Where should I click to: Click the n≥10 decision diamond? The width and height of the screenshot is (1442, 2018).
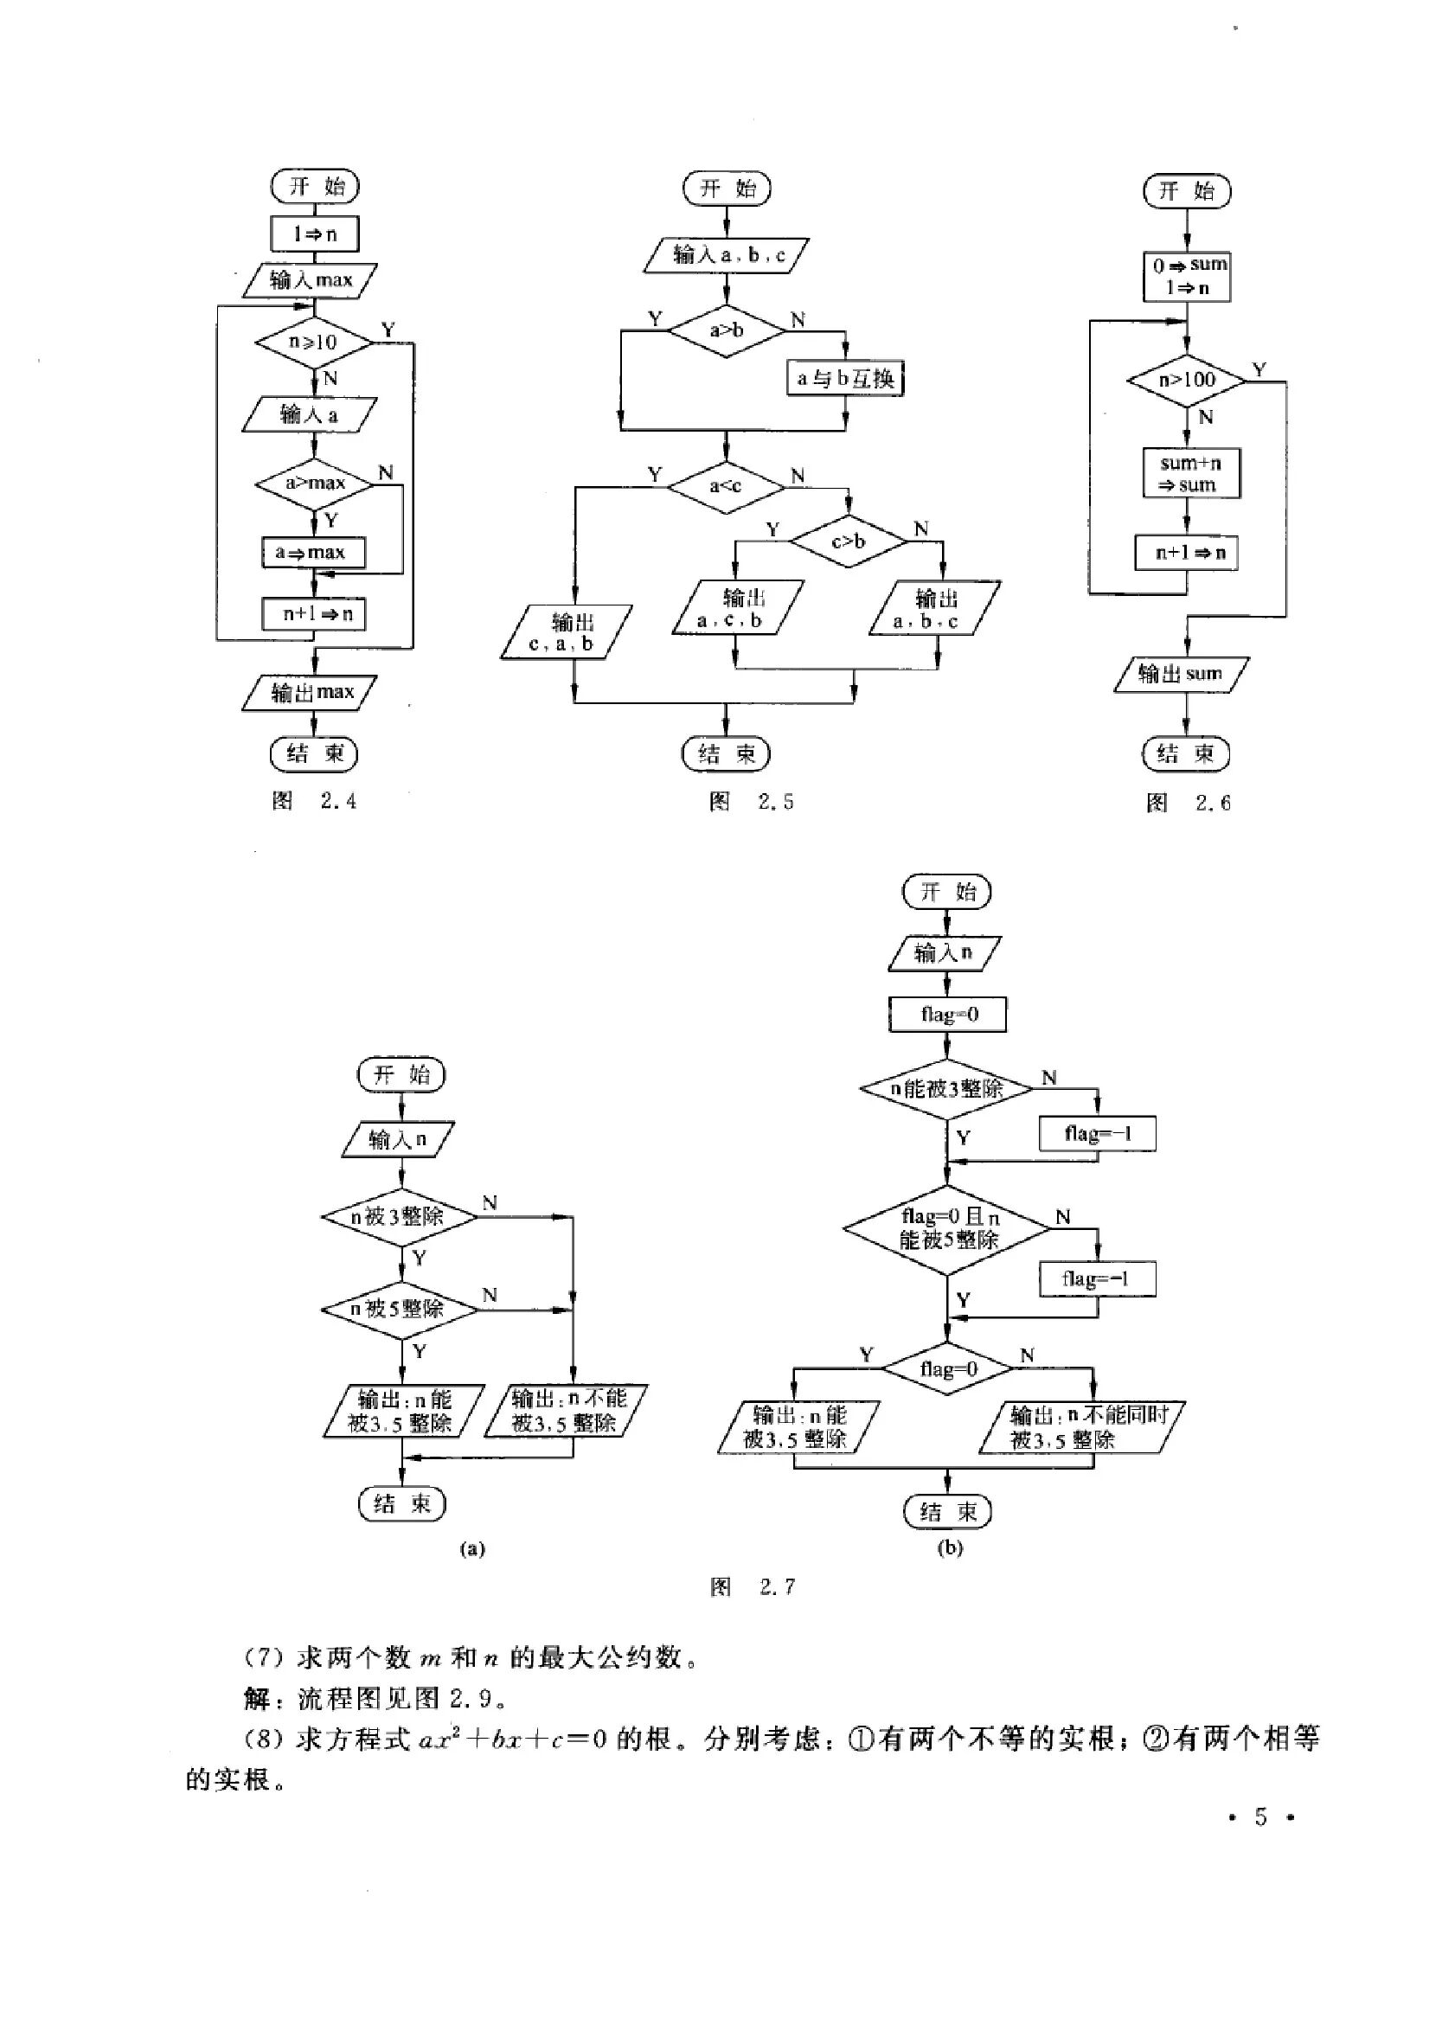[313, 342]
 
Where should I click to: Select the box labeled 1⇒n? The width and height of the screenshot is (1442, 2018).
[314, 234]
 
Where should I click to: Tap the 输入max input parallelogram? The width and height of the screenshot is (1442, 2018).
[311, 280]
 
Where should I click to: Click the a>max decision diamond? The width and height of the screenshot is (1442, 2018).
[314, 483]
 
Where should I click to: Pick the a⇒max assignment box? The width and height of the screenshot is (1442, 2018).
[313, 552]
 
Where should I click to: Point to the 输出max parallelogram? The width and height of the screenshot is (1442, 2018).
[310, 693]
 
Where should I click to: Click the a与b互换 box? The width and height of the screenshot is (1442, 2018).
[845, 379]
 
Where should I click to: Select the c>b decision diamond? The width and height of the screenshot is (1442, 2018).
[849, 541]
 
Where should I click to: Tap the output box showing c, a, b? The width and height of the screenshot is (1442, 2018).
[567, 632]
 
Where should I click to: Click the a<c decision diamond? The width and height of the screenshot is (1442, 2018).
[727, 486]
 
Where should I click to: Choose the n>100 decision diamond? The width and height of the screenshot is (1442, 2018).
[1187, 380]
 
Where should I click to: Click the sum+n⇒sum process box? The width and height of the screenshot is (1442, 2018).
[1191, 473]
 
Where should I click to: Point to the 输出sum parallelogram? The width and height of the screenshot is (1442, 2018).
[1181, 674]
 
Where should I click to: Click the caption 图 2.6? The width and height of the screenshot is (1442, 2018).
[1188, 804]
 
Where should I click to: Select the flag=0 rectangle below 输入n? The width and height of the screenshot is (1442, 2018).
[947, 1015]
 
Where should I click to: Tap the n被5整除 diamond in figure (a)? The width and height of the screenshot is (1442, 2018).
[400, 1310]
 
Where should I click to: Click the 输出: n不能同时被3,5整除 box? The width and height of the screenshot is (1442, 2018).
[1082, 1427]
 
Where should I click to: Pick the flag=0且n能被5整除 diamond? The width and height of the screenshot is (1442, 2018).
[947, 1230]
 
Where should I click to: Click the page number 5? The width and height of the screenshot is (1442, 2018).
[1260, 1817]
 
